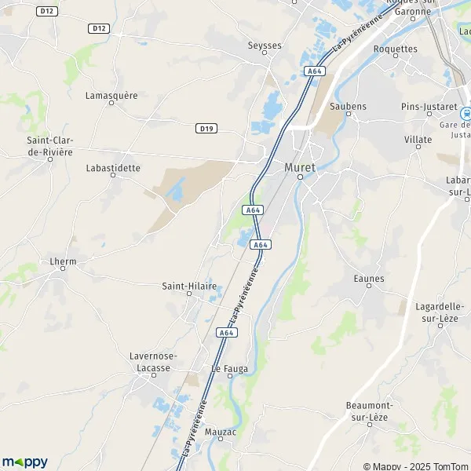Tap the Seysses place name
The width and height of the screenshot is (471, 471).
tap(265, 46)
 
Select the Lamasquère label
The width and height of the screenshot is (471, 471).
tap(111, 95)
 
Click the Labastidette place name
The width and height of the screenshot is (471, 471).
tap(114, 168)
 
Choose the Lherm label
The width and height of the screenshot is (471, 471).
tap(62, 261)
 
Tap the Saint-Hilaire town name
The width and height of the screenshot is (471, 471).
tap(188, 287)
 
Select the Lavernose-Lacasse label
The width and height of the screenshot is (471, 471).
tap(153, 361)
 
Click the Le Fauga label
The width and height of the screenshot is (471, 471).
tap(227, 367)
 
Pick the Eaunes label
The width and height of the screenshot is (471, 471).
tap(369, 279)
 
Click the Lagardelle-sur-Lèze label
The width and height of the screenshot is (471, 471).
tap(435, 309)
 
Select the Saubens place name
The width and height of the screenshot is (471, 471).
tap(349, 106)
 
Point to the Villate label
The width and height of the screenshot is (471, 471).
tap(418, 140)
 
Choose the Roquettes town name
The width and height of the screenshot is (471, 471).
tap(396, 49)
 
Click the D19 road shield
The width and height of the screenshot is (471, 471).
tap(206, 128)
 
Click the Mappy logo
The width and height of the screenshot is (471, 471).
tap(24, 462)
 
